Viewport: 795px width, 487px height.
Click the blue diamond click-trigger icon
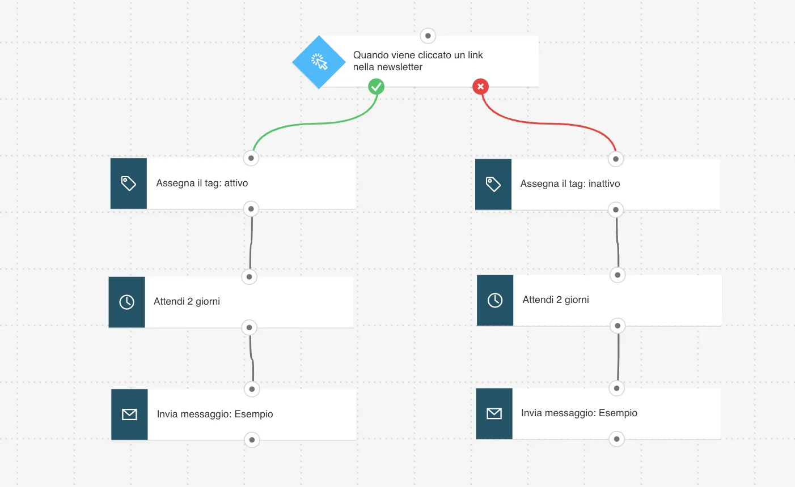click(319, 62)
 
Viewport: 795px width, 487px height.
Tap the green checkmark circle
click(376, 87)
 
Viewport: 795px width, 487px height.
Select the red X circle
click(480, 87)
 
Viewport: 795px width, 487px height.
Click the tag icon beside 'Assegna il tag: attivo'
click(129, 183)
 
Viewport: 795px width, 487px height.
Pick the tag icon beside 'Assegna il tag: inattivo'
click(493, 184)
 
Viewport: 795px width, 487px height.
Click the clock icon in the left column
click(126, 302)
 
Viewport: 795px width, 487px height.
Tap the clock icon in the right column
click(495, 300)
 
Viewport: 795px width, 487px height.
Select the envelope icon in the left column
click(129, 415)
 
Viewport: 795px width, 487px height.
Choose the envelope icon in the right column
click(494, 413)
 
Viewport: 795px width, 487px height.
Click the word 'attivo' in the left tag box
click(236, 183)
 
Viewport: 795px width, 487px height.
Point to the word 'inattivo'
click(604, 183)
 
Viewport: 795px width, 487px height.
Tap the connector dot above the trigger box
click(428, 36)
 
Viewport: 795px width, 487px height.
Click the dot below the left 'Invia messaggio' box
click(252, 440)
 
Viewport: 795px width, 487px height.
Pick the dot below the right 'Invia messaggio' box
click(617, 439)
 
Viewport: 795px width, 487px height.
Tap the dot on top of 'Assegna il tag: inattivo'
click(616, 159)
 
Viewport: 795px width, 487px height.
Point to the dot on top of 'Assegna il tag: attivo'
click(251, 158)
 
